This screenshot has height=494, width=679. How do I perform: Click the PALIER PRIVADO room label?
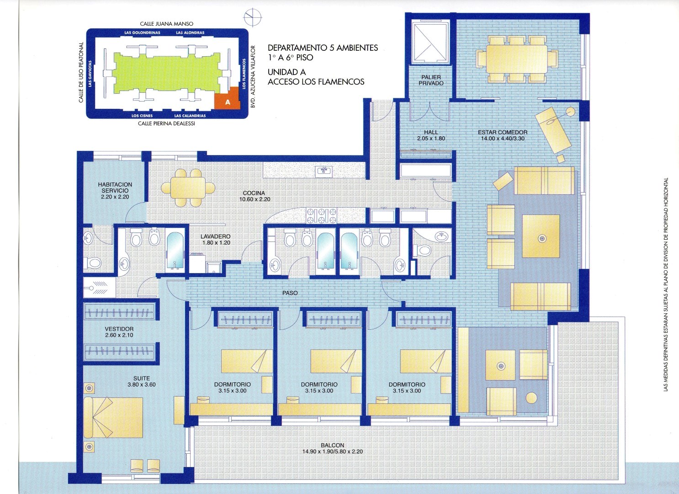pyautogui.click(x=431, y=80)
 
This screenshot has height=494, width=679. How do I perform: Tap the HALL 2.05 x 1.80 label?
pyautogui.click(x=431, y=135)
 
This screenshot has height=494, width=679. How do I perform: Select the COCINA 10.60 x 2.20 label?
pyautogui.click(x=255, y=196)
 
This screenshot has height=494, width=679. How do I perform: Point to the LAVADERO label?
pyautogui.click(x=216, y=236)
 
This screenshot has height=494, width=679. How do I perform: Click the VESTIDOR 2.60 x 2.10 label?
pyautogui.click(x=119, y=332)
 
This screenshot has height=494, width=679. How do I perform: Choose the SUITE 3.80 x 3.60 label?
pyautogui.click(x=142, y=381)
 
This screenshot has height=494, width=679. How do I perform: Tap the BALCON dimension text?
pyautogui.click(x=332, y=451)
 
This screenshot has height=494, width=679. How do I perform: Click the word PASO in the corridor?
pyautogui.click(x=290, y=293)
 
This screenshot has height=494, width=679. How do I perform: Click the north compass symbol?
pyautogui.click(x=253, y=17)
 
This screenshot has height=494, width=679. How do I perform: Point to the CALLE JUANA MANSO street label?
pyautogui.click(x=166, y=24)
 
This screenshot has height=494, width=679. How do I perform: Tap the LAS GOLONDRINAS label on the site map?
pyautogui.click(x=142, y=32)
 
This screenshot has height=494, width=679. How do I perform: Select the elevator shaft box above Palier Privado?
pyautogui.click(x=430, y=42)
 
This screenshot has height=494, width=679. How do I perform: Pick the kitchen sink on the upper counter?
pyautogui.click(x=324, y=172)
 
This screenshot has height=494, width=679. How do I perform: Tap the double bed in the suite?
pyautogui.click(x=113, y=417)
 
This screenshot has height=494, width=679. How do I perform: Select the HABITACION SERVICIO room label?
pyautogui.click(x=115, y=191)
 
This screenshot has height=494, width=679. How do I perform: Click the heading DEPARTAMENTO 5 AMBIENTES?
pyautogui.click(x=323, y=48)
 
